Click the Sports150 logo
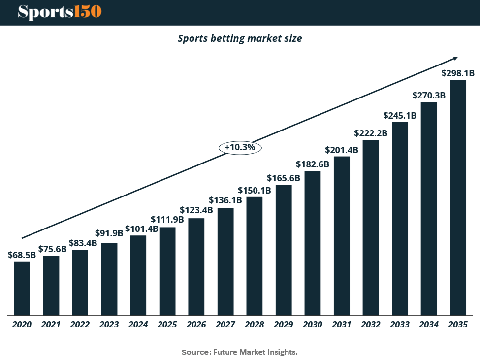point(60,12)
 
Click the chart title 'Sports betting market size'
point(240,38)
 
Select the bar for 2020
point(22,288)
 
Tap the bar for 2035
point(458,197)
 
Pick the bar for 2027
point(225,261)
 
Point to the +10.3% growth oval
point(240,147)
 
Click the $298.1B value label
point(458,73)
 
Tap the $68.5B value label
point(22,255)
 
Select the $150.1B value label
point(255,190)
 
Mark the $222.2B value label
point(371,133)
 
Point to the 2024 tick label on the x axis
point(138,325)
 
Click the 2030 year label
point(313,325)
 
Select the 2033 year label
point(400,325)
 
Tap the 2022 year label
point(80,325)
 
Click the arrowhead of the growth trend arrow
point(455,58)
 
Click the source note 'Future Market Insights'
point(240,352)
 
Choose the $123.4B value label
point(196,210)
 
